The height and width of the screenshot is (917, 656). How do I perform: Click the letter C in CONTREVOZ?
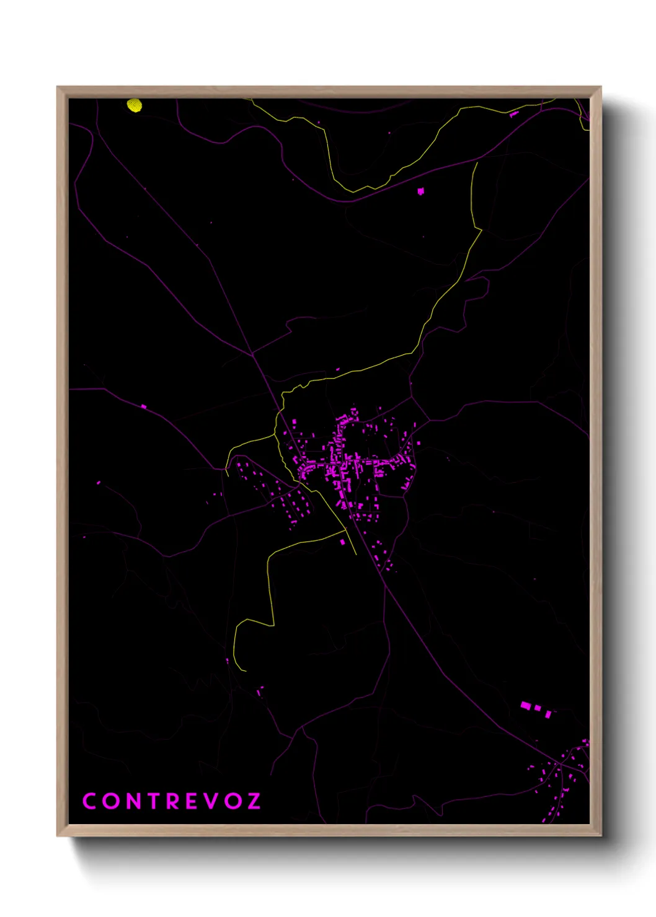(89, 801)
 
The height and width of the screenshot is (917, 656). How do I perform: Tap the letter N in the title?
(130, 801)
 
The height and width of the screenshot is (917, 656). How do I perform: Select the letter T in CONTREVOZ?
(150, 801)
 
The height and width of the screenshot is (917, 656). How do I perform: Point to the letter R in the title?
(171, 801)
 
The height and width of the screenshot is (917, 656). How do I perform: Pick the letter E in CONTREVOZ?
(191, 801)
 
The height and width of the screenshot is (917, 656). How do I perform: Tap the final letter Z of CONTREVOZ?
(253, 801)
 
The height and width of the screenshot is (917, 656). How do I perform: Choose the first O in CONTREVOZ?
(109, 801)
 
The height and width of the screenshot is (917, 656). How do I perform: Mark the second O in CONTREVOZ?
(232, 801)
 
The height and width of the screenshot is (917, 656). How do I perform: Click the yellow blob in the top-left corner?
(135, 106)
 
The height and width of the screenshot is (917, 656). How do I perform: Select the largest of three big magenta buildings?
(526, 705)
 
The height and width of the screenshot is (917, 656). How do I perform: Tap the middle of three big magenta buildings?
(538, 708)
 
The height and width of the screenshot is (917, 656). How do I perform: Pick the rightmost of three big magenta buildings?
(548, 714)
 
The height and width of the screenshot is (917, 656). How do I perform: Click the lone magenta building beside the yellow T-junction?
(342, 542)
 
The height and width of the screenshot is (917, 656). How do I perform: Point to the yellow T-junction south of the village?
(345, 530)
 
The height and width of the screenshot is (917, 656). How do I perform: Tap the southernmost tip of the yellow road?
(246, 670)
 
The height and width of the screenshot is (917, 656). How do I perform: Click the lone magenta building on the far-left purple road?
(144, 406)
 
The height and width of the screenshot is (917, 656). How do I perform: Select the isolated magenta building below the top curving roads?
(421, 191)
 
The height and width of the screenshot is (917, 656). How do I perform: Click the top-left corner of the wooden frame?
(58, 87)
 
